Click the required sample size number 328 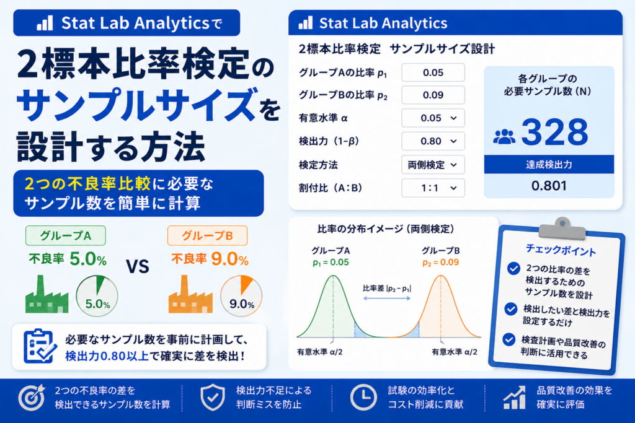554,132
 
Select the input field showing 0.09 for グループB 433,95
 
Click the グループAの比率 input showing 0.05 433,73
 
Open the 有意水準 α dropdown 433,118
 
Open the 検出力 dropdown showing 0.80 433,141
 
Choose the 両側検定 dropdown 433,165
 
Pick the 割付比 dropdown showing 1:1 433,188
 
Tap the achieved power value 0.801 549,186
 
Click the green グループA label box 66,235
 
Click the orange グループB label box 207,235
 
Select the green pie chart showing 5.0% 97,295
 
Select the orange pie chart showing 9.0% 241,295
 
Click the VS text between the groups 138,266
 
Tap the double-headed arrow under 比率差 387,298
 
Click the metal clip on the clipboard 562,229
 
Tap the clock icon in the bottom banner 363,397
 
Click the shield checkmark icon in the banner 213,397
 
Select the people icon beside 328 504,137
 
